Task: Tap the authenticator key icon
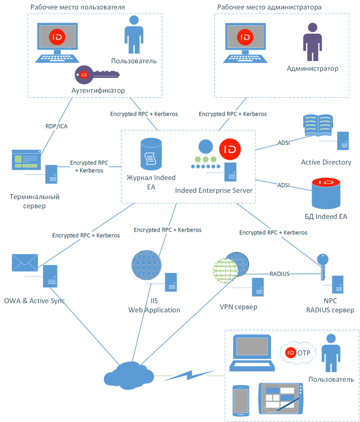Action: coord(97,75)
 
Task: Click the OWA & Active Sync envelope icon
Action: coord(25,263)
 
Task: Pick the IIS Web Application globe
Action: coord(146,265)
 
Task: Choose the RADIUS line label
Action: coord(279,273)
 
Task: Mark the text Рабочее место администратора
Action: coord(269,8)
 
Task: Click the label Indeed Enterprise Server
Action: coord(214,191)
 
